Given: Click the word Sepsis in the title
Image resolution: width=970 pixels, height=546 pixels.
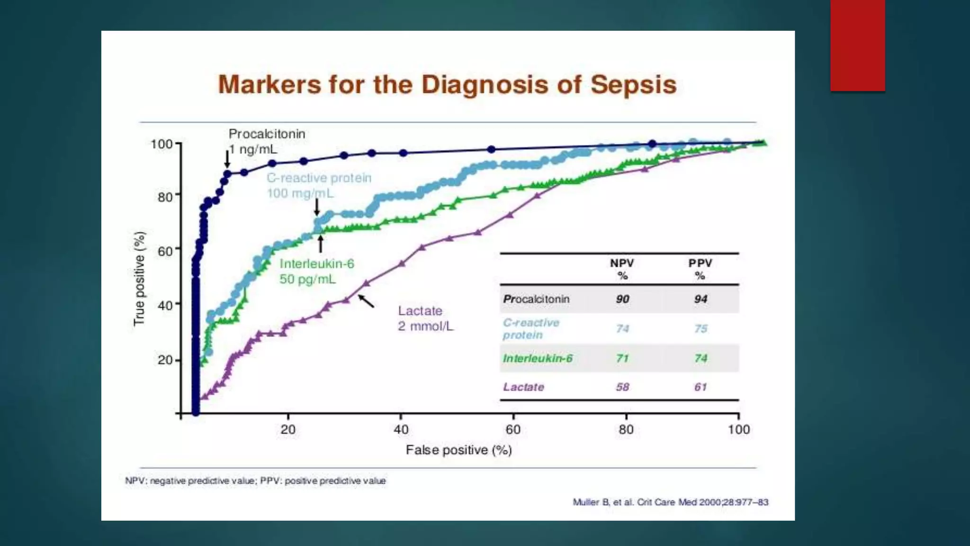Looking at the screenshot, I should coord(633,85).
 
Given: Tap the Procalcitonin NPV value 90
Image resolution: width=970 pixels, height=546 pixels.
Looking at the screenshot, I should coord(622,299).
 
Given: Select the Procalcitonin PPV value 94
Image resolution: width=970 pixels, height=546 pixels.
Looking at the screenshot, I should coord(701,299).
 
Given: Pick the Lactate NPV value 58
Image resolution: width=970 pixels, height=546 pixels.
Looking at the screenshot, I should coord(622,387).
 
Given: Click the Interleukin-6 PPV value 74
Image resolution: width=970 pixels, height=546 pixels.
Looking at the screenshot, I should coord(701,358).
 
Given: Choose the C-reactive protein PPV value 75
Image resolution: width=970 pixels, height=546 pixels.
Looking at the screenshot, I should coord(701,328).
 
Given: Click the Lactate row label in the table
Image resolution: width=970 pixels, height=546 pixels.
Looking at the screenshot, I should coord(523,387).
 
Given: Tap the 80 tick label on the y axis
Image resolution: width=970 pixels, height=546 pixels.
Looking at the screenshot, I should coord(165,196).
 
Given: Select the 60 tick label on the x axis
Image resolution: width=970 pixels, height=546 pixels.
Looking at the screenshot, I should coord(513,429).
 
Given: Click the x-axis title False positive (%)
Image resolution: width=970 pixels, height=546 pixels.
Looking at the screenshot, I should coord(458,450).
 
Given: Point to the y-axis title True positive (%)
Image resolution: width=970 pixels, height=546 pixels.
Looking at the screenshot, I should coord(139,279).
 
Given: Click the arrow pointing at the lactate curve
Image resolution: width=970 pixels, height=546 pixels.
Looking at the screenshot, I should coord(366,301).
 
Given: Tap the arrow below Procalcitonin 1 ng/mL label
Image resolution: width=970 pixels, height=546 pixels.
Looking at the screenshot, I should coord(227,158).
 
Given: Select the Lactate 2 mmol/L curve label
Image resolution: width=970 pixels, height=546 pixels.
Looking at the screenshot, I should coord(425,318).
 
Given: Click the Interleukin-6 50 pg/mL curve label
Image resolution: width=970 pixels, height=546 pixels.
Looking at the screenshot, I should coord(316,271).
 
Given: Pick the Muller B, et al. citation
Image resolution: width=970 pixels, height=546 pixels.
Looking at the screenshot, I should coord(670,502).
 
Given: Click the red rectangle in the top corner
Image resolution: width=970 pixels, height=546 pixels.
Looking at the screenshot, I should coord(857,45).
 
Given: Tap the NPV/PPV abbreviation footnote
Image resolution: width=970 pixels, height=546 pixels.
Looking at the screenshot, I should coord(255,481).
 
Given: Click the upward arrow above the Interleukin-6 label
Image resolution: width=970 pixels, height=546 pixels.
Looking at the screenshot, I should coord(321,244).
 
